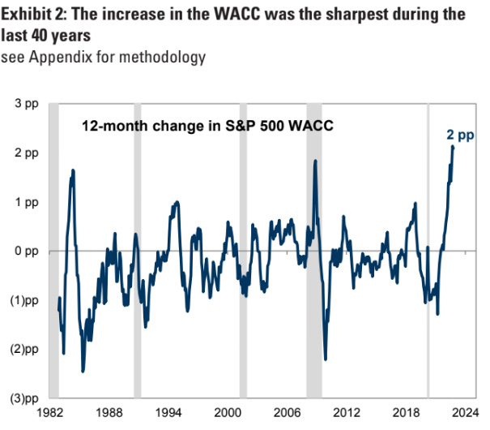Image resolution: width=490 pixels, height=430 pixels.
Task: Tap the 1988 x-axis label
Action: pyautogui.click(x=109, y=412)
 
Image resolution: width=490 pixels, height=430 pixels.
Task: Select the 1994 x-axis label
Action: pyautogui.click(x=168, y=412)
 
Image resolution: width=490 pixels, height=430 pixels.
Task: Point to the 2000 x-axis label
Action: pyautogui.click(x=228, y=412)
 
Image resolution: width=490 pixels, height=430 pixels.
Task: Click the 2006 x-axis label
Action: pyautogui.click(x=287, y=412)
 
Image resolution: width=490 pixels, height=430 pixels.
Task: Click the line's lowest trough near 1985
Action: pyautogui.click(x=83, y=371)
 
